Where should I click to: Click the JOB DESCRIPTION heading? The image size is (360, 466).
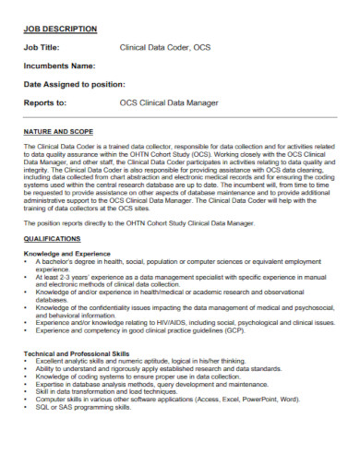click(59, 30)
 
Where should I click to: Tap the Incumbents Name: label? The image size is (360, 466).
click(59, 66)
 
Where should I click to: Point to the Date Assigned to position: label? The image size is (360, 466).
click(74, 84)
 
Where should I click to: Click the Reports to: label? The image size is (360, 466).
click(45, 102)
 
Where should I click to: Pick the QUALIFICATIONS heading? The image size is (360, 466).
click(52, 238)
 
